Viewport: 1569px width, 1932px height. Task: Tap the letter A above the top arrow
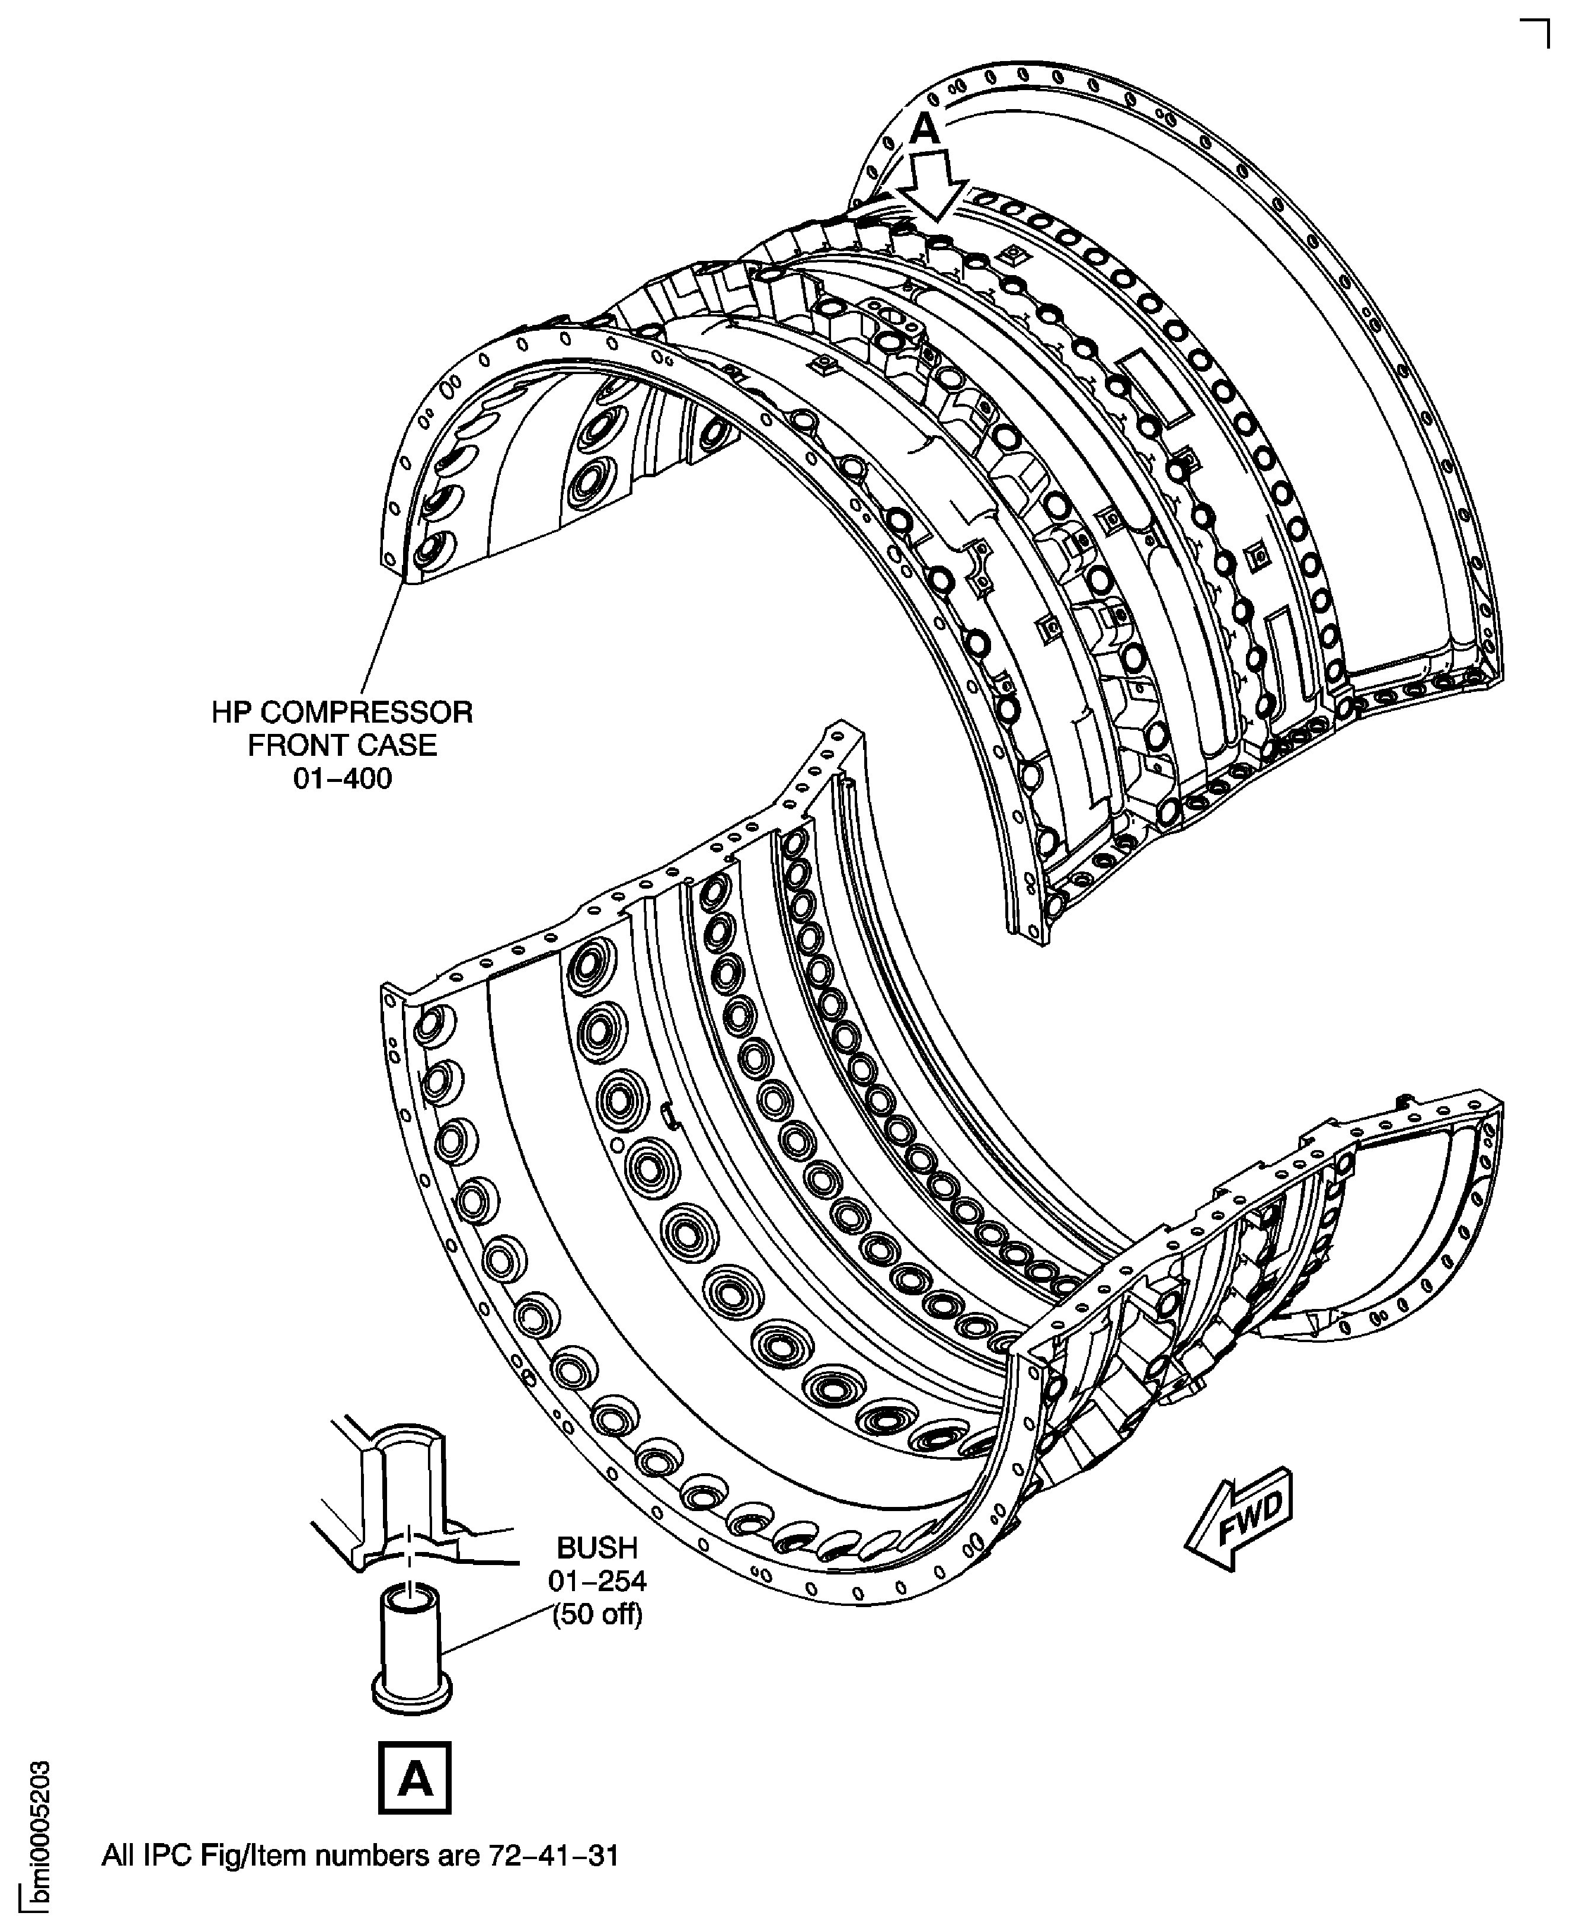tap(923, 131)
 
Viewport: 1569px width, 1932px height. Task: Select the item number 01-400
tap(343, 778)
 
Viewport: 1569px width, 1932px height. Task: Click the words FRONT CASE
tap(343, 745)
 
